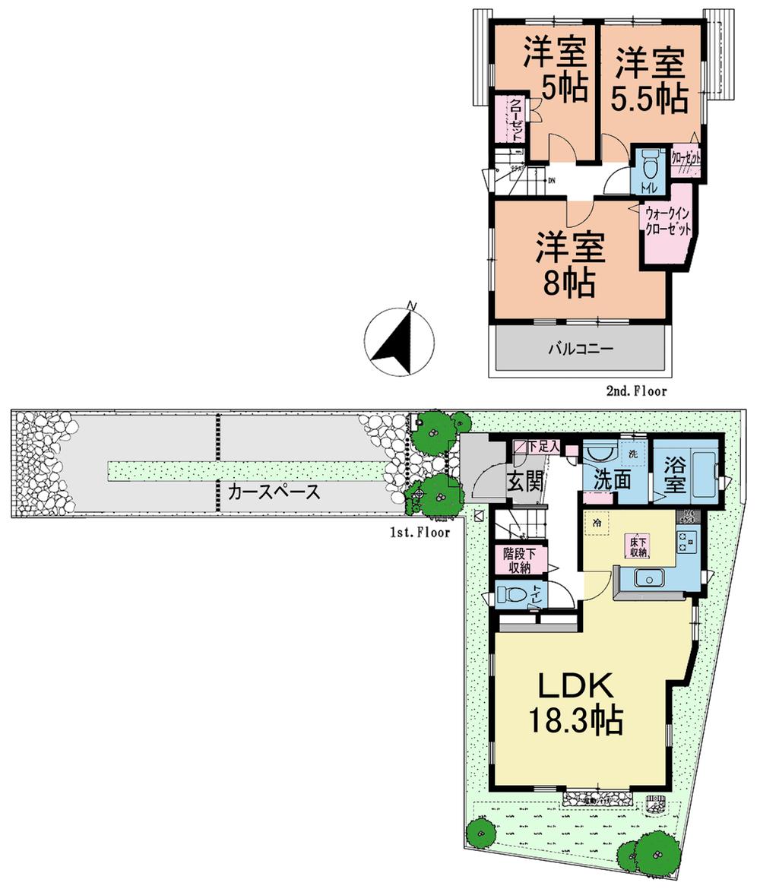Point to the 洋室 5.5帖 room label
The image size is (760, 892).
(x=651, y=79)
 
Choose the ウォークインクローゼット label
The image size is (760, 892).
(x=668, y=221)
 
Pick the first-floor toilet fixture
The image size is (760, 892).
(x=514, y=594)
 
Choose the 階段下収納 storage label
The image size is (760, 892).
(x=520, y=559)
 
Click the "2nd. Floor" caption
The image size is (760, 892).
(x=635, y=391)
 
